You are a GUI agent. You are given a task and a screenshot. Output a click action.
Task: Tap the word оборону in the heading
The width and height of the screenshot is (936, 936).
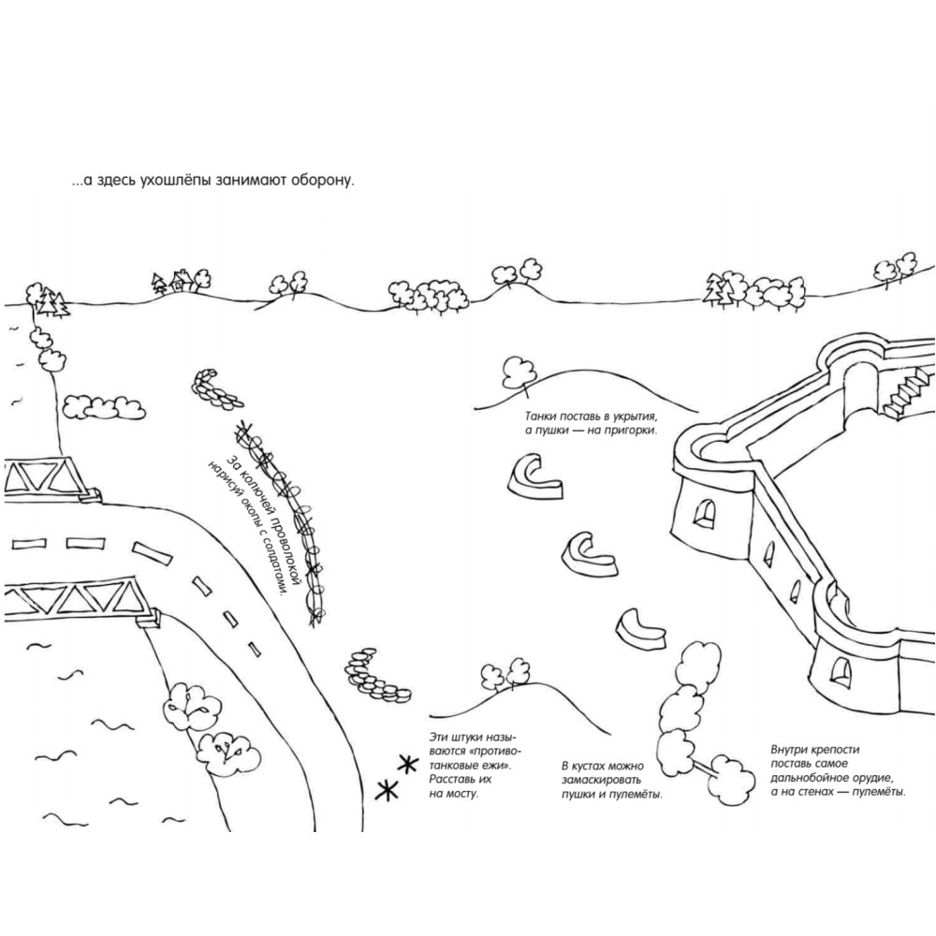[x=322, y=181]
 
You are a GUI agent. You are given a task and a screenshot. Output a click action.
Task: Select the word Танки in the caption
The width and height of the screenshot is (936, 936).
[x=541, y=417]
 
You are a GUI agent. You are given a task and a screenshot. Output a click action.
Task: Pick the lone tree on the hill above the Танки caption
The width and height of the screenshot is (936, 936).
[x=519, y=374]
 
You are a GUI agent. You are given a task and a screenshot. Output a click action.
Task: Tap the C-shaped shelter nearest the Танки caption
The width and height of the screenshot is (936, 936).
[x=534, y=476]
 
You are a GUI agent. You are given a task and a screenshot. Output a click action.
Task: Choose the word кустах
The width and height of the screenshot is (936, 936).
[x=597, y=766]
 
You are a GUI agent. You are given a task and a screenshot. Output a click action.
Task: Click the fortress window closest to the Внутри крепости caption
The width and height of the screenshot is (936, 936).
[x=841, y=670]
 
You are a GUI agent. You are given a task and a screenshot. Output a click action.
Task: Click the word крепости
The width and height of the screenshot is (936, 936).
[x=835, y=750]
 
